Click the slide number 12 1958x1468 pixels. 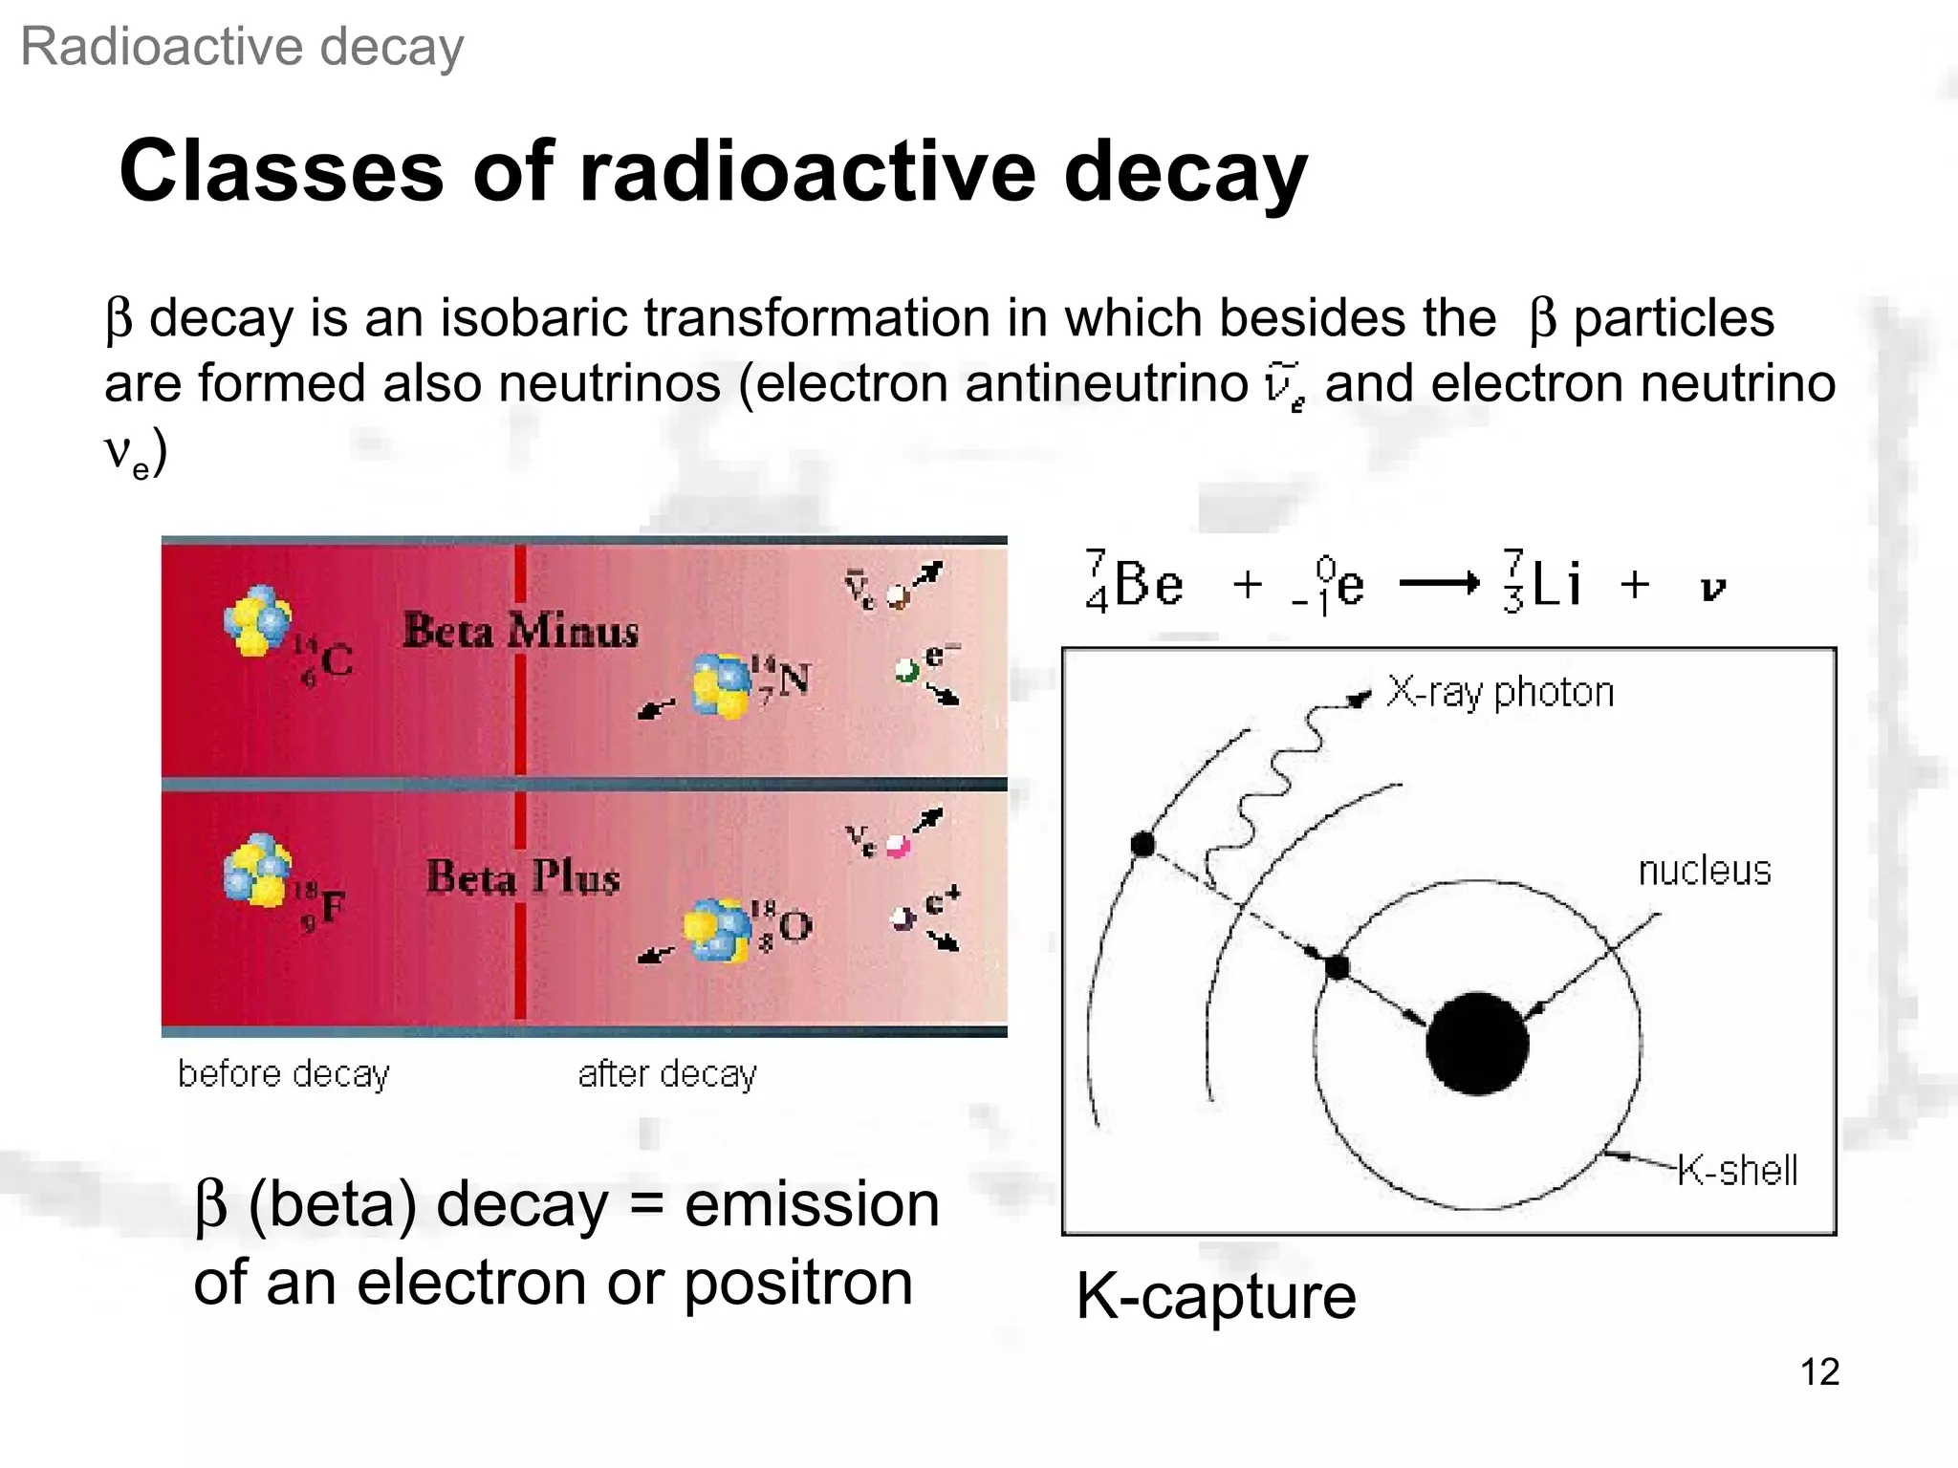[x=1819, y=1371]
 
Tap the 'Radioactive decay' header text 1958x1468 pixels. [x=242, y=47]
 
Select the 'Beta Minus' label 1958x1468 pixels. [x=520, y=631]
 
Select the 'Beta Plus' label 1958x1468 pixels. [x=523, y=876]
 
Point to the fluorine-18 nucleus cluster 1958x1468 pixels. [x=257, y=869]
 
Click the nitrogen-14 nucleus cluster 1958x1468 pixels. [x=722, y=684]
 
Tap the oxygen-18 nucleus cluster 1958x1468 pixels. [x=717, y=929]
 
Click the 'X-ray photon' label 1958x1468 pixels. [x=1500, y=692]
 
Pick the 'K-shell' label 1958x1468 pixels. [x=1737, y=1170]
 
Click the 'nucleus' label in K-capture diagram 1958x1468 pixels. [x=1705, y=871]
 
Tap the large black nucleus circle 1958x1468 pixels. [x=1476, y=1043]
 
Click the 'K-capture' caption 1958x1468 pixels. [x=1215, y=1296]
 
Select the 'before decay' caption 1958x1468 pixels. [x=284, y=1074]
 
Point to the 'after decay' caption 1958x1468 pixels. [x=667, y=1074]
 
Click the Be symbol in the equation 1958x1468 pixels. [x=1148, y=583]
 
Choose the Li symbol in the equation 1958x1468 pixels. [x=1556, y=583]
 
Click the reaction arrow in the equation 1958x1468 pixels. [x=1439, y=583]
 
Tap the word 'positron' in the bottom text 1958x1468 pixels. [x=798, y=1283]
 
